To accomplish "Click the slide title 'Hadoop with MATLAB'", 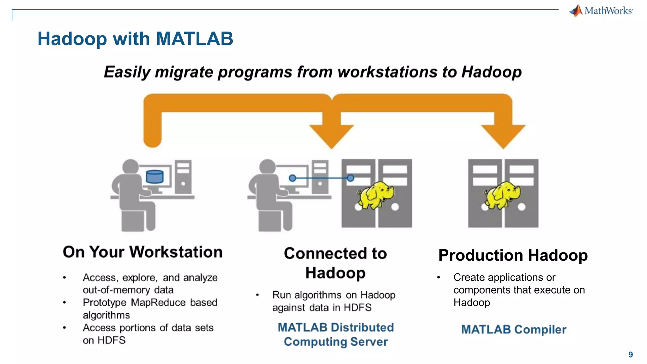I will click(x=135, y=39).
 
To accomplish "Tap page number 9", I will click(x=630, y=355).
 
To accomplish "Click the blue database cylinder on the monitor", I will click(x=155, y=177).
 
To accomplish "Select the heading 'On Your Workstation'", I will click(x=142, y=252).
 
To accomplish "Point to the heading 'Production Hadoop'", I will click(x=513, y=255).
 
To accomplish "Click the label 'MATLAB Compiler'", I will click(x=514, y=330).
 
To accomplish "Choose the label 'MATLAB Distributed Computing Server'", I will click(x=336, y=335).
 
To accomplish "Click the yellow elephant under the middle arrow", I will click(x=375, y=195).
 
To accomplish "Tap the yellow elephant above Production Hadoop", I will click(x=502, y=195).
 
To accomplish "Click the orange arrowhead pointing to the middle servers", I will click(x=331, y=136).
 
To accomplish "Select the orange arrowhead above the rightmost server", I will click(x=503, y=136).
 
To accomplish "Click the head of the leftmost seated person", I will click(x=130, y=167).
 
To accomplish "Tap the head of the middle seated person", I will click(x=267, y=167).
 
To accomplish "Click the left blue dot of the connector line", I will click(x=293, y=178).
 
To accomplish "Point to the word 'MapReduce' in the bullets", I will click(x=158, y=302).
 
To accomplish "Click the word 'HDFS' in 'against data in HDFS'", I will click(x=357, y=307).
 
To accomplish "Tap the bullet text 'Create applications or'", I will click(x=504, y=277).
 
